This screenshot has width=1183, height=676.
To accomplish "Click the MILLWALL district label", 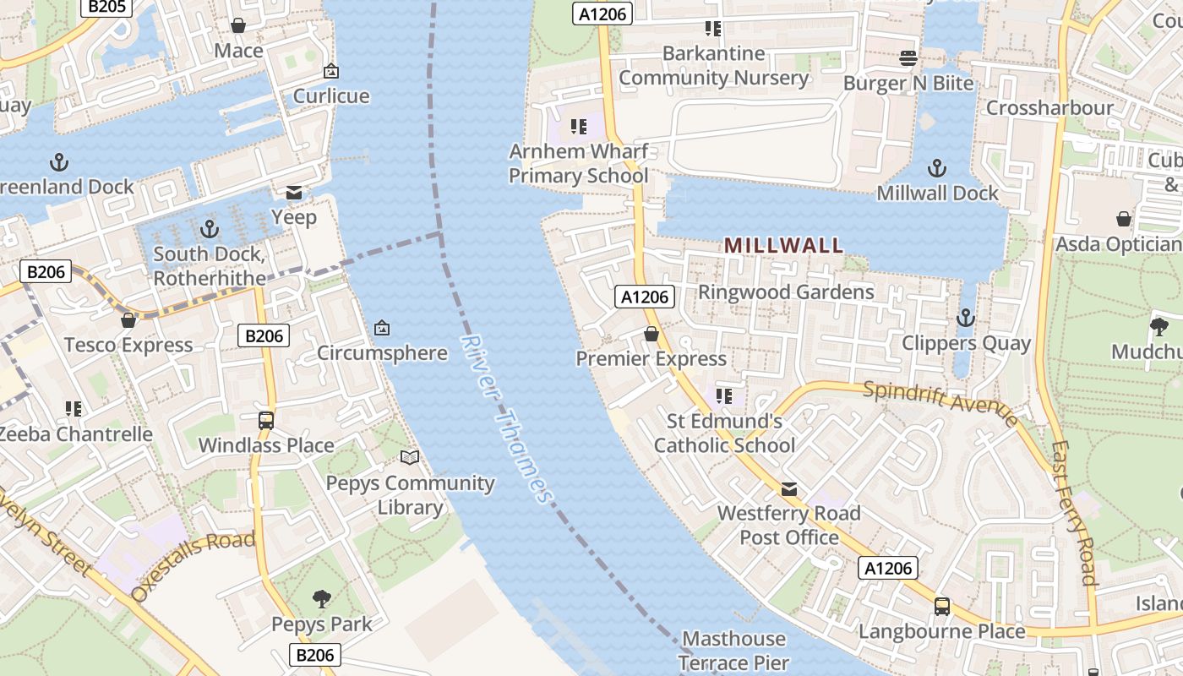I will click(x=783, y=246).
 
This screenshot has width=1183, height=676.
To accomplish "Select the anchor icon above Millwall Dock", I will click(x=937, y=167).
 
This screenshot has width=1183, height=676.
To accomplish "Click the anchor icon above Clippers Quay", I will click(x=965, y=319).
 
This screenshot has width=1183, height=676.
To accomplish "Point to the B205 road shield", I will click(x=106, y=7).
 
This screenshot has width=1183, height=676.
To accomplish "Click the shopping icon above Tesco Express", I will click(x=128, y=320).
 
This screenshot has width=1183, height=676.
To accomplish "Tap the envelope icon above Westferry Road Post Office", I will click(x=788, y=489).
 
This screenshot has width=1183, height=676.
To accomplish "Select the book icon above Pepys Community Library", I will click(x=410, y=458).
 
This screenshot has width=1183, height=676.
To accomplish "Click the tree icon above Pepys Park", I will click(x=321, y=599).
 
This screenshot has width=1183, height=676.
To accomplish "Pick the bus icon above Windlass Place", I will click(x=265, y=420).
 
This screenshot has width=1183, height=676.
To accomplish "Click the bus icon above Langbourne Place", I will click(x=941, y=606).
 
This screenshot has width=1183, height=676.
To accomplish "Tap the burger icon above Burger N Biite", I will click(x=908, y=58).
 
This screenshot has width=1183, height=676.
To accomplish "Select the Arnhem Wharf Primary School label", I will click(x=579, y=164).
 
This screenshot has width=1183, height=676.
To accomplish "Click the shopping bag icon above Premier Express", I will click(x=651, y=334).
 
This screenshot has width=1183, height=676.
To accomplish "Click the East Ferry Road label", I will click(x=1074, y=512).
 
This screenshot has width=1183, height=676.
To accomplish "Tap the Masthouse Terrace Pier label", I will click(x=733, y=651).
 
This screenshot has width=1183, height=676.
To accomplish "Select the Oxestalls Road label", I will click(x=194, y=566).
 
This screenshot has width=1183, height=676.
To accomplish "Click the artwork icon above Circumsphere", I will click(x=382, y=327).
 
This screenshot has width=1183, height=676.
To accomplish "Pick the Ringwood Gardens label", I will click(x=786, y=292).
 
